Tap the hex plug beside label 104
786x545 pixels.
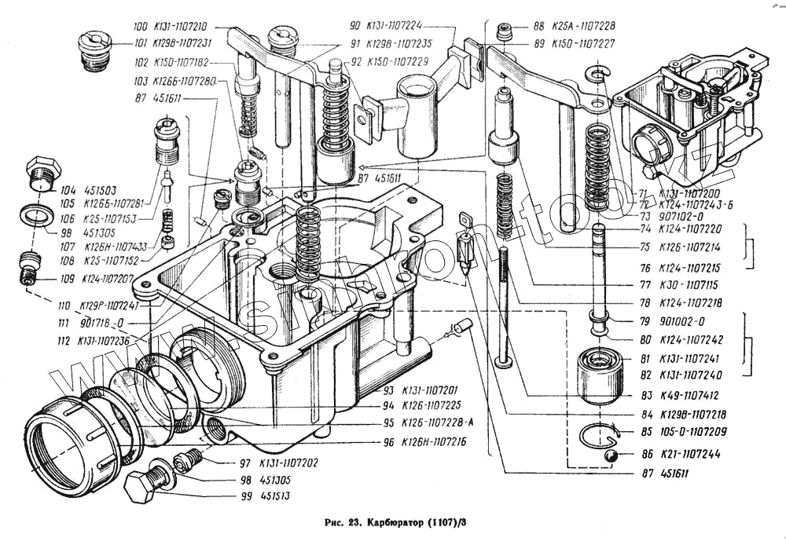click(42, 174)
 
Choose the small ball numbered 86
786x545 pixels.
click(608, 455)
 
